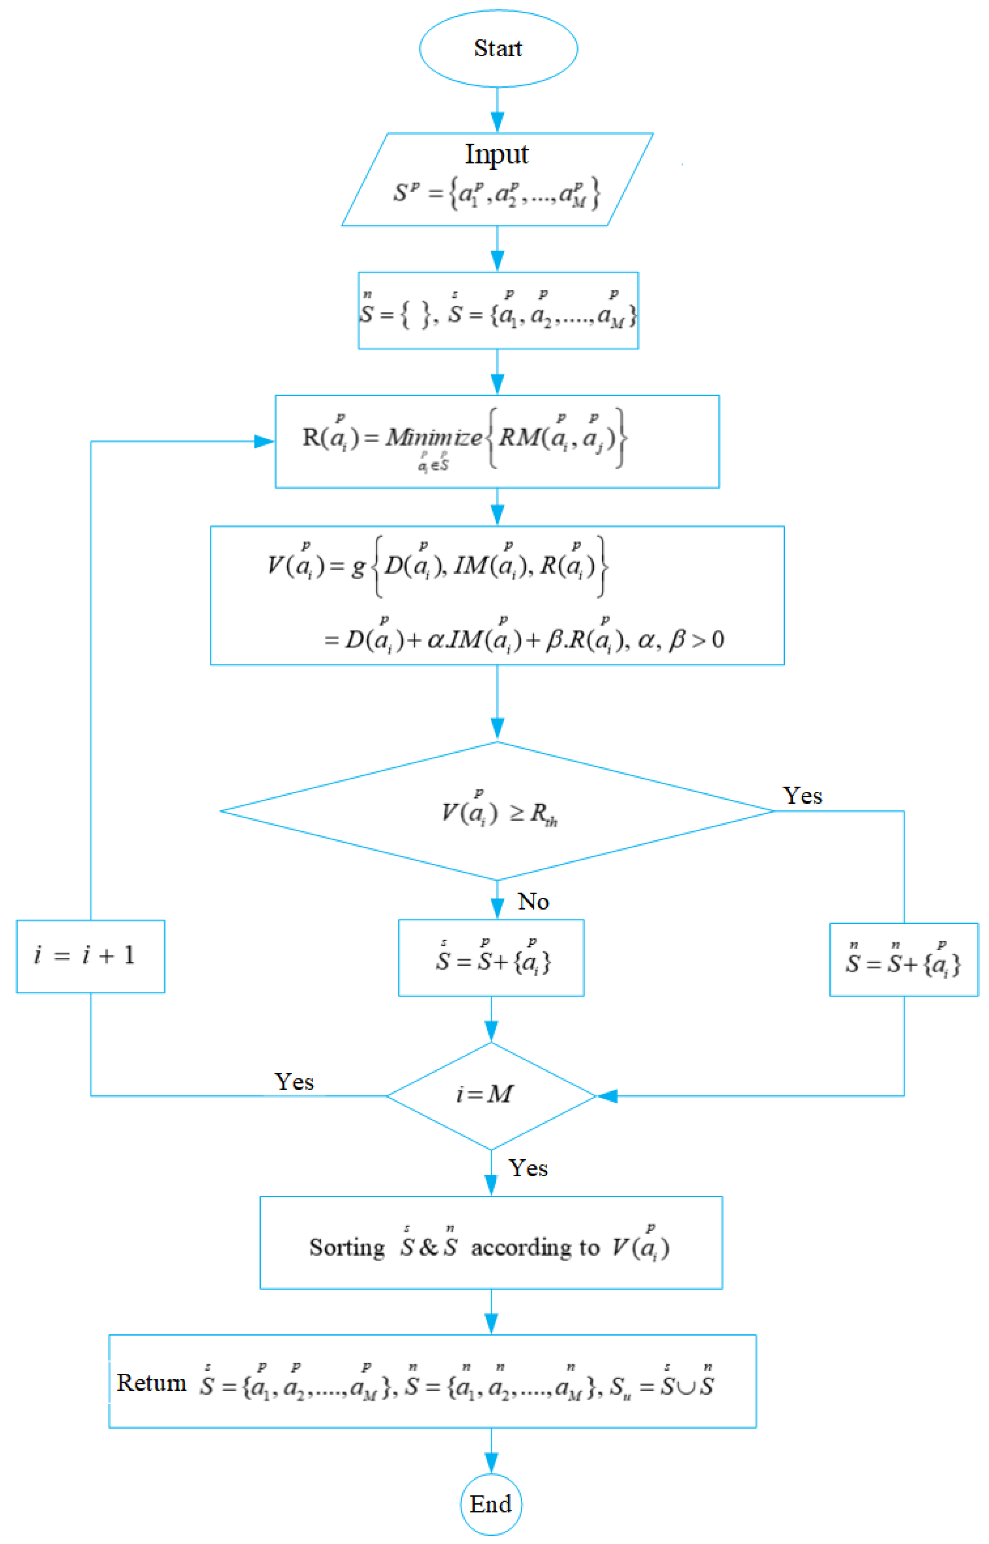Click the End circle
pos(490,1504)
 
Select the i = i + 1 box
pos(90,956)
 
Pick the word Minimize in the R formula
pos(433,437)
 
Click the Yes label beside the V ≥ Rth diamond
pos(802,796)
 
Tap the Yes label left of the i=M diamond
pos(294,1082)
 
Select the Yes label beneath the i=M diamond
pos(528,1168)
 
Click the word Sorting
pos(347,1247)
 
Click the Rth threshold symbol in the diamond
pos(543,814)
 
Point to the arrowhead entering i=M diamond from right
pos(607,1096)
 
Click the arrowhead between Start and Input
pos(497,122)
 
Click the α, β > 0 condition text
pos(681,640)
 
